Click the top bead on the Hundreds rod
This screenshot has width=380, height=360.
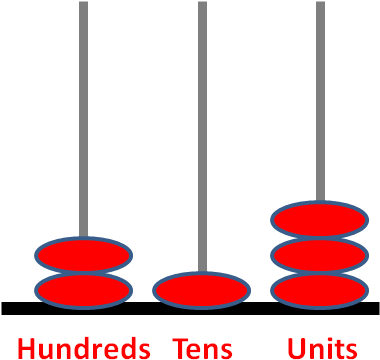pyautogui.click(x=84, y=255)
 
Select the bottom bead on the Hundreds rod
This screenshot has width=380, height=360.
pyautogui.click(x=84, y=291)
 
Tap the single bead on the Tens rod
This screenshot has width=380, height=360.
pyautogui.click(x=201, y=290)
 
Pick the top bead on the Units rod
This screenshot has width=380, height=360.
pyautogui.click(x=320, y=219)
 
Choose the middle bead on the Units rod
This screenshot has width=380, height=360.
pyautogui.click(x=320, y=255)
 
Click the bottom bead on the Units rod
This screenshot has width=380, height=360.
pyautogui.click(x=320, y=291)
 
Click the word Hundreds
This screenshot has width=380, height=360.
pyautogui.click(x=84, y=348)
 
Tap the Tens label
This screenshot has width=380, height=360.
pyautogui.click(x=203, y=348)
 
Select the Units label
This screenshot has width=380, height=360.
pyautogui.click(x=321, y=348)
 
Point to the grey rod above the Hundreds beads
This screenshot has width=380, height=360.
pyautogui.click(x=84, y=120)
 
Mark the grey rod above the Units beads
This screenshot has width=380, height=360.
pyautogui.click(x=320, y=100)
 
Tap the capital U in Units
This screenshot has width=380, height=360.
pyautogui.click(x=296, y=348)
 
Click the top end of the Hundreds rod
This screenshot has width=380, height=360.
pyautogui.click(x=84, y=5)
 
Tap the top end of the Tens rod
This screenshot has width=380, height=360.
pyautogui.click(x=202, y=5)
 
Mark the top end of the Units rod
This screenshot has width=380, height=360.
pyautogui.click(x=320, y=5)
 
